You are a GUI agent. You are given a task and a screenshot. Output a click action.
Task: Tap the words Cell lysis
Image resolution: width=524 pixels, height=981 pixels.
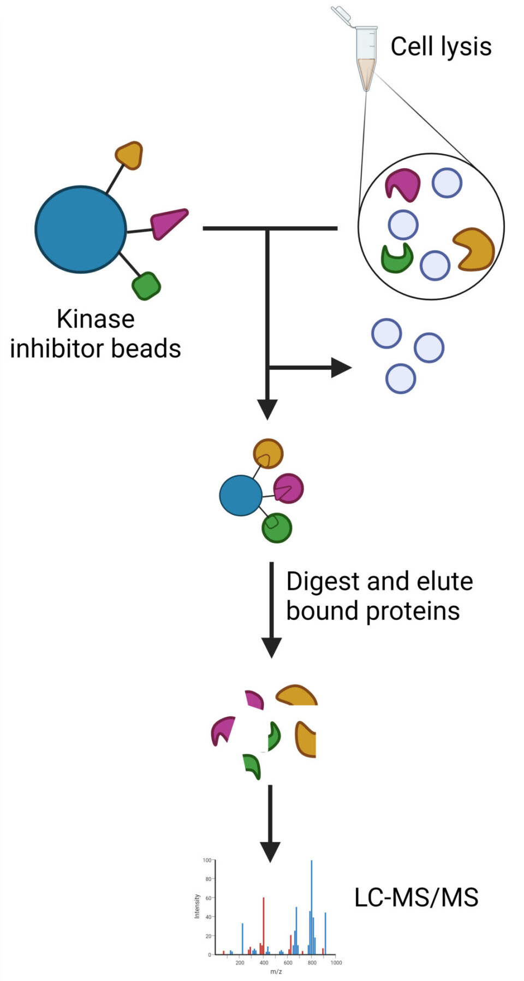[x=440, y=46]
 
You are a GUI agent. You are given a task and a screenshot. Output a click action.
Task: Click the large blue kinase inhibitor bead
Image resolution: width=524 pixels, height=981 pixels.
[x=81, y=229]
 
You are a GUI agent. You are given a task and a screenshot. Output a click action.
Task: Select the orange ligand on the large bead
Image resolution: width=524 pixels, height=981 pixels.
[x=130, y=155]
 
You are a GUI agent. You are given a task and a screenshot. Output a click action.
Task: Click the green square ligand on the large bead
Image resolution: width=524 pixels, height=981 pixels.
[x=146, y=286]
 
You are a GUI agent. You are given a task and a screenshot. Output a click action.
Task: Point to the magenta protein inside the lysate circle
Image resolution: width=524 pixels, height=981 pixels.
[x=402, y=185]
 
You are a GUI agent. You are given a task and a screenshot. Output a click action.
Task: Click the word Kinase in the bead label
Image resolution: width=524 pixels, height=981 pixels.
[x=96, y=319]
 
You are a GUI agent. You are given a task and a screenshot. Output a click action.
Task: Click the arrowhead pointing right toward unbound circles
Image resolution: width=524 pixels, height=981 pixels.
[x=341, y=368]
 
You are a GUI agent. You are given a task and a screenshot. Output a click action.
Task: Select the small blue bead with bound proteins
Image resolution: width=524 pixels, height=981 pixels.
[x=241, y=495]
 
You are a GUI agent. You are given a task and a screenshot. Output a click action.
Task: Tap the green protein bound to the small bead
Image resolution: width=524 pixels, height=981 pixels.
[x=277, y=528]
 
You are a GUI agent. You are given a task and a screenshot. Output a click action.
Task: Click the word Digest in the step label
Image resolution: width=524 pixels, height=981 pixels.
[x=323, y=582]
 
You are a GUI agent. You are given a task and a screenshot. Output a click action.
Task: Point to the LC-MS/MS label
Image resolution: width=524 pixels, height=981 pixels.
[x=416, y=897]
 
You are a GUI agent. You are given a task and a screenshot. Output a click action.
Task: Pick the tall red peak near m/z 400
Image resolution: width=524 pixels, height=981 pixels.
[x=264, y=923]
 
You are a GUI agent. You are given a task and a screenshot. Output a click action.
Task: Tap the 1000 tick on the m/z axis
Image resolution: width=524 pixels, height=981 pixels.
[x=336, y=962]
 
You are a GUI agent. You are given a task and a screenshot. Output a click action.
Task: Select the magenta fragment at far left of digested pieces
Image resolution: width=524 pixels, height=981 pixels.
[x=223, y=730]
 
